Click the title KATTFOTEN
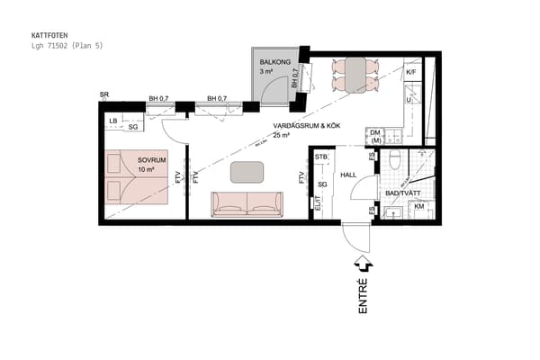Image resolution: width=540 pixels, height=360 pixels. coord(49,36)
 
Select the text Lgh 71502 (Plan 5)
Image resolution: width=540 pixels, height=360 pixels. coord(67,45)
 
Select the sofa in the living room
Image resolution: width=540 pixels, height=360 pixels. coord(247,204)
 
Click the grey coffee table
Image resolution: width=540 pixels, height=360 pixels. coord(247,171)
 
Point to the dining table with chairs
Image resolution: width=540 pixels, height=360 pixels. coord(352,74)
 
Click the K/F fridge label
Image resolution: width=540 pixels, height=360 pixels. coord(411,72)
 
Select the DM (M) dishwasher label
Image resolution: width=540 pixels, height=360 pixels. coord(376,136)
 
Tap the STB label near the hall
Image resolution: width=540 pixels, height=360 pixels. coord(321,157)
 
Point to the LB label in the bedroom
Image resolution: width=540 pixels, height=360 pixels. coord(112,120)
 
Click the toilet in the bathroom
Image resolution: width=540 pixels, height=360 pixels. coord(395,163)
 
